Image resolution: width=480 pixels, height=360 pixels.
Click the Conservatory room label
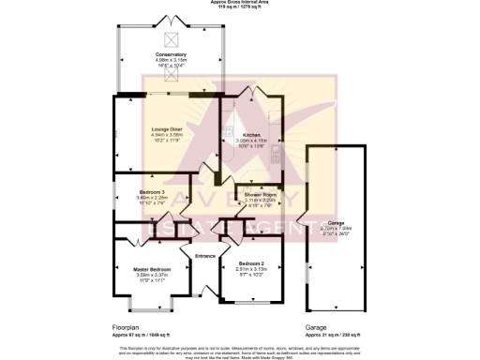(171, 54)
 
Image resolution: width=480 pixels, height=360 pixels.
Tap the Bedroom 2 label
(252, 262)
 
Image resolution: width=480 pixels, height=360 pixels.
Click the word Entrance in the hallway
(205, 256)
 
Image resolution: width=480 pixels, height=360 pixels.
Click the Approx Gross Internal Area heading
(239, 4)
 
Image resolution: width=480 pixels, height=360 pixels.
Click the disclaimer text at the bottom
(239, 351)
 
